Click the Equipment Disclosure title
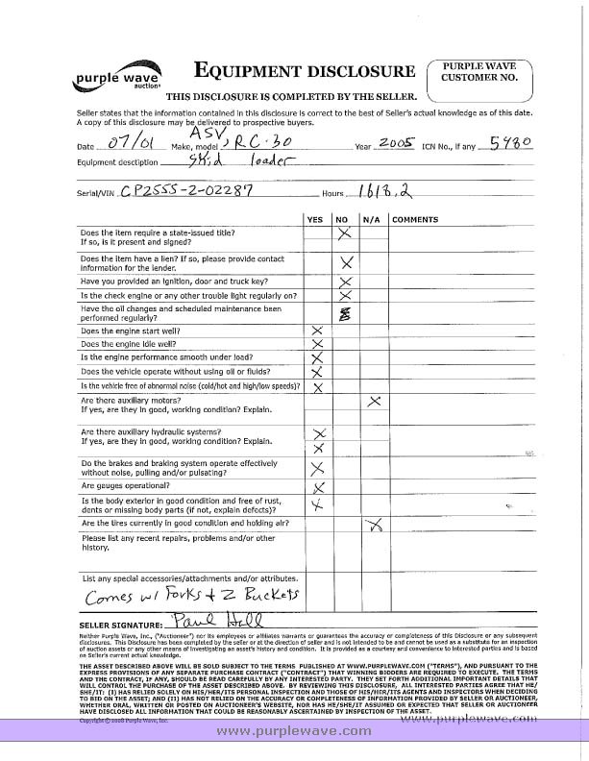[x=305, y=71]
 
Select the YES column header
[x=314, y=220]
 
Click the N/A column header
[x=373, y=220]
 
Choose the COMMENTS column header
[x=415, y=220]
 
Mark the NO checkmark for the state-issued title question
[x=344, y=233]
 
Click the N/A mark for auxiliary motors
[x=375, y=401]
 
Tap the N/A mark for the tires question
[x=376, y=525]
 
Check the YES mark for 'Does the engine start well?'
[x=315, y=331]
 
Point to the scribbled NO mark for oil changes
[x=344, y=313]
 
